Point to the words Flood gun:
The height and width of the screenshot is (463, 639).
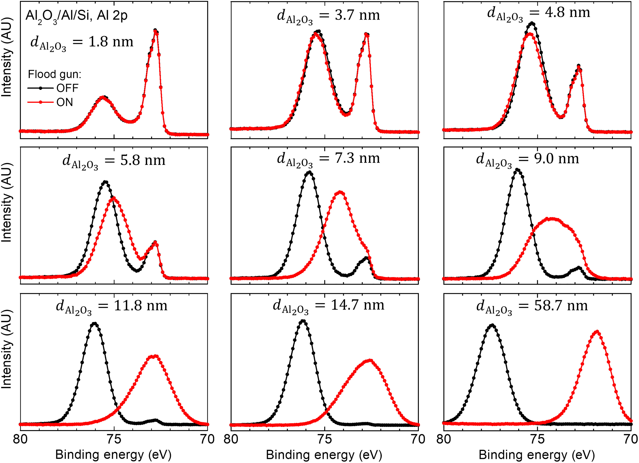(x=55, y=74)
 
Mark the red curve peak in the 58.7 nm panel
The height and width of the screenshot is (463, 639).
(x=597, y=331)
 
